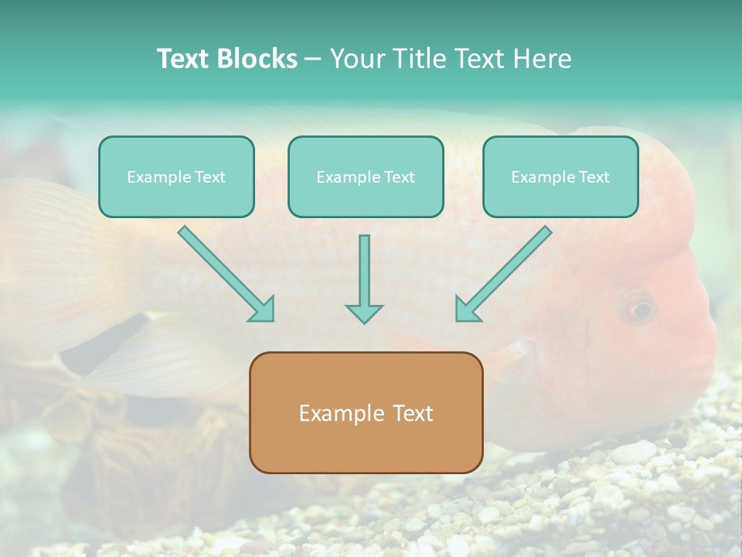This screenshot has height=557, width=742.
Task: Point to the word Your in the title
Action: coord(356,59)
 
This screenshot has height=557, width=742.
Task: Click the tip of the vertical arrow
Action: coord(364,321)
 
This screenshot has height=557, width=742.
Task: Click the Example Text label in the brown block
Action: coord(366,413)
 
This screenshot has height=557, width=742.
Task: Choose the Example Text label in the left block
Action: coord(176,177)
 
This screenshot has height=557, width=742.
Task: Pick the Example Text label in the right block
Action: coord(560,177)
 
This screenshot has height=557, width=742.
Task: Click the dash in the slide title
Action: coord(313,60)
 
